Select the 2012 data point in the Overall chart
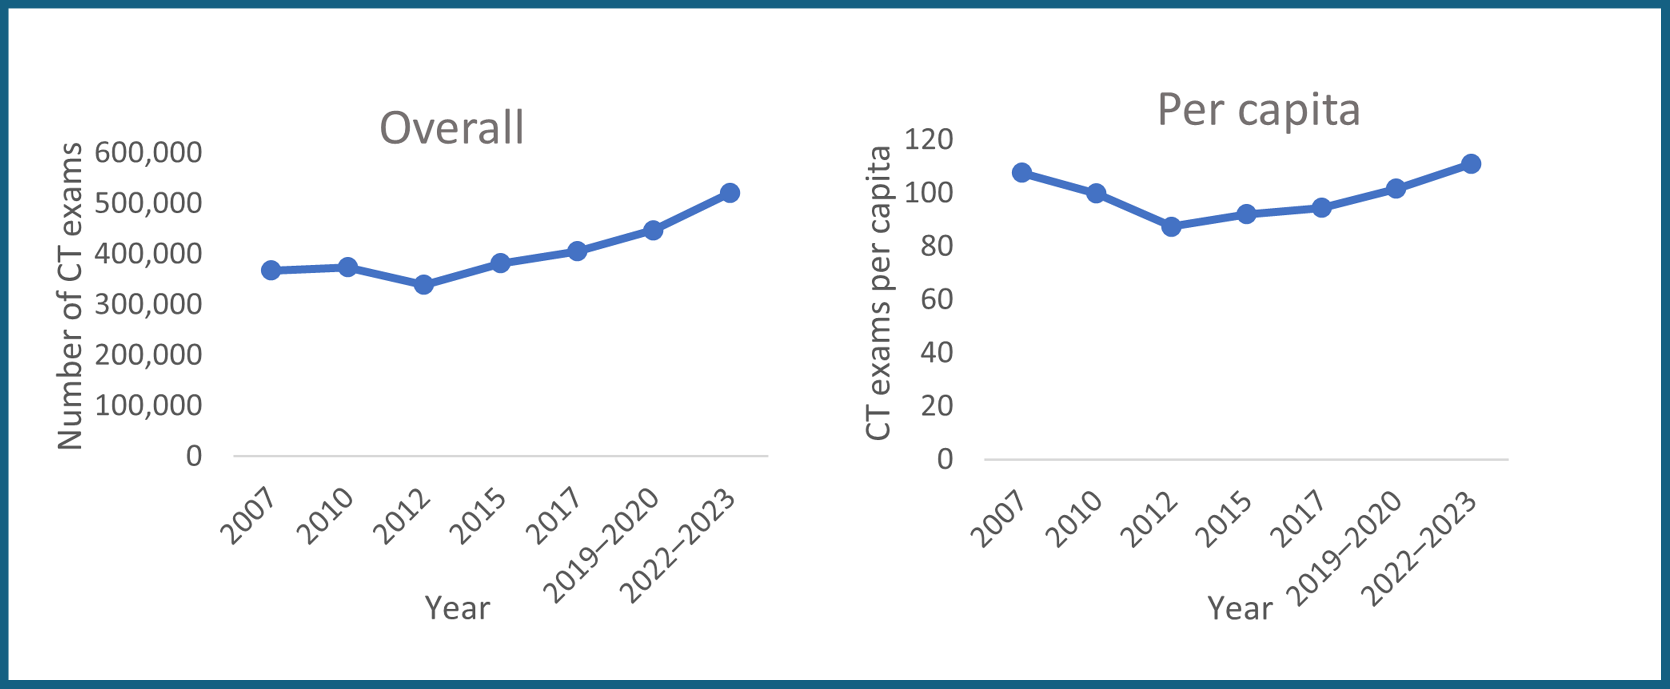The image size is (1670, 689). tap(423, 284)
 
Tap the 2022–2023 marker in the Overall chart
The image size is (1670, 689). tap(729, 193)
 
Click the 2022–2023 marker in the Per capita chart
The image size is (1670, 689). tap(1471, 163)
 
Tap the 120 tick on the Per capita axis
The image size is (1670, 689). tap(928, 139)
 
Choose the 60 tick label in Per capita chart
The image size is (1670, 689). tap(936, 300)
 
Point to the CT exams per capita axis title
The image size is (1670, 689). tap(879, 293)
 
